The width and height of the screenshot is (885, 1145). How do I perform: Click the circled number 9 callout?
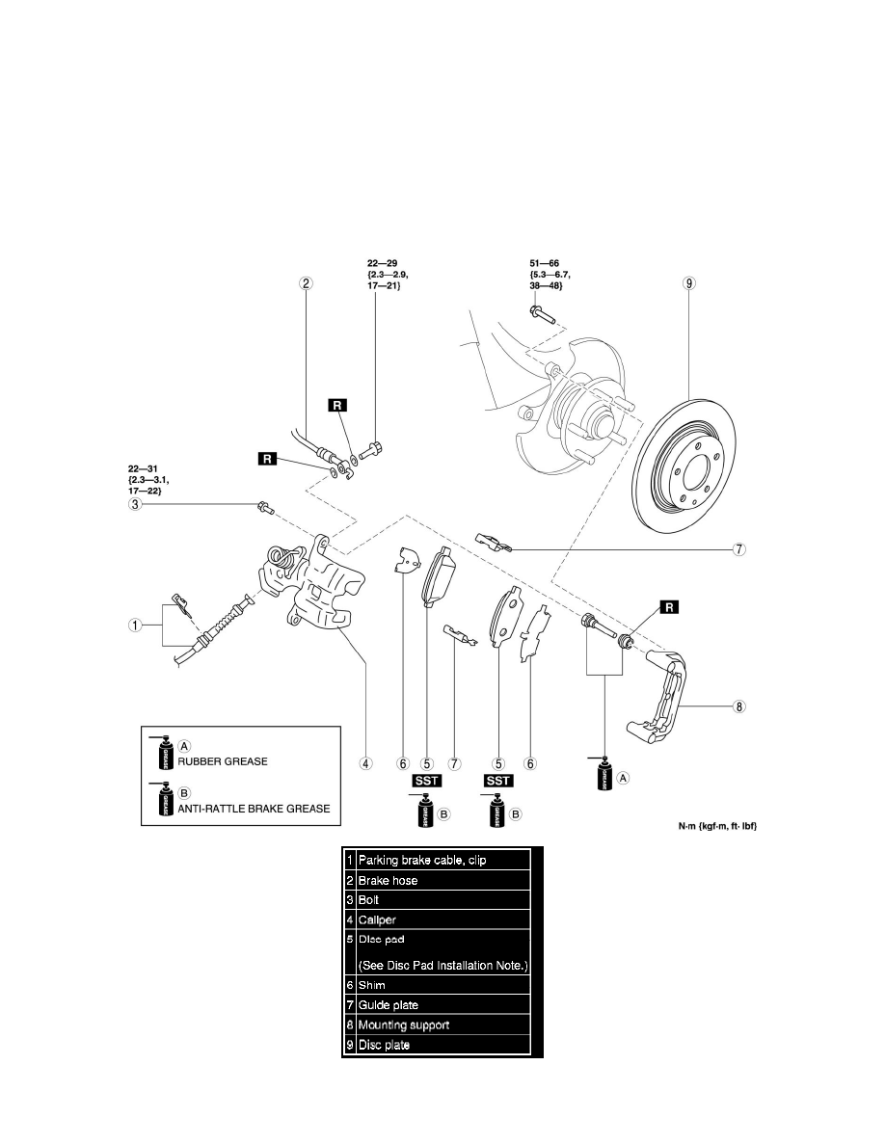click(x=688, y=283)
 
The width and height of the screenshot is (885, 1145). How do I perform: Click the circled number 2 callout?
click(x=306, y=283)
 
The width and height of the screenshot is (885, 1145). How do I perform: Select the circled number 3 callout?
click(x=137, y=504)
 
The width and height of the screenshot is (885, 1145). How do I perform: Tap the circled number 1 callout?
click(x=137, y=625)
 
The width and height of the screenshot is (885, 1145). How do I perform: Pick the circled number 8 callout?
click(x=739, y=706)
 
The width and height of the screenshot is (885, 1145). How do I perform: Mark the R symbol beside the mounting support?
click(x=667, y=606)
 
